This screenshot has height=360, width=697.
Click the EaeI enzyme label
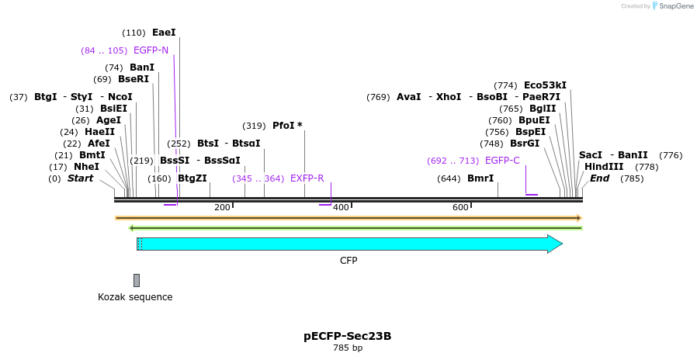(164, 33)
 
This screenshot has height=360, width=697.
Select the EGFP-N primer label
(151, 50)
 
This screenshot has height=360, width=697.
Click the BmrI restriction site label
(480, 178)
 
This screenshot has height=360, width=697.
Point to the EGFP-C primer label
(502, 161)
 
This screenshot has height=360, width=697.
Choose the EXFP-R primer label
(307, 178)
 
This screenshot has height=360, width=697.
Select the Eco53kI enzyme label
(545, 85)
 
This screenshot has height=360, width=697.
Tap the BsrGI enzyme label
(524, 144)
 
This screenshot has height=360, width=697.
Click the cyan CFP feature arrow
(349, 244)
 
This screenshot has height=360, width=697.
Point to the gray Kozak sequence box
(137, 280)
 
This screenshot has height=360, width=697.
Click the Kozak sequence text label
(135, 297)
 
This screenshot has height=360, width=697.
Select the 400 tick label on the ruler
(340, 207)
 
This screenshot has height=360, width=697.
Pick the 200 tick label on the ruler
(222, 207)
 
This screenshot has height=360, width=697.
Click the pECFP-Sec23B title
(347, 336)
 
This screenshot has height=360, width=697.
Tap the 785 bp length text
(347, 348)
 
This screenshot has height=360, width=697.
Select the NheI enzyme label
(86, 167)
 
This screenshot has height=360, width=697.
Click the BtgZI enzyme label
(192, 178)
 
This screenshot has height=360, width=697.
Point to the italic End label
(599, 178)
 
